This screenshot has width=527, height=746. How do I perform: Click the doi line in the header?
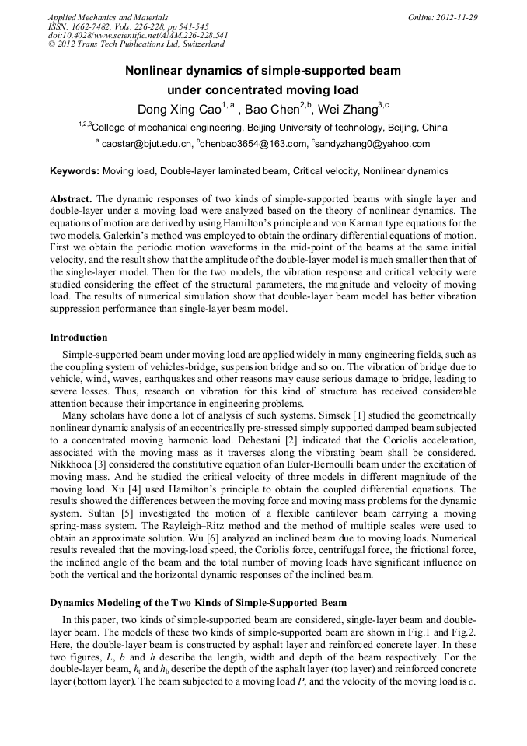coord(138,35)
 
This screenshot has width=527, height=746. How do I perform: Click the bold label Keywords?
coord(75,170)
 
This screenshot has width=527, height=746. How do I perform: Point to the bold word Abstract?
coord(72,199)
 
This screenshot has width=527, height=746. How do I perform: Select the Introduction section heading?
coord(79,338)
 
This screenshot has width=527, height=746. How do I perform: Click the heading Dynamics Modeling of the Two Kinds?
coord(198,603)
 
